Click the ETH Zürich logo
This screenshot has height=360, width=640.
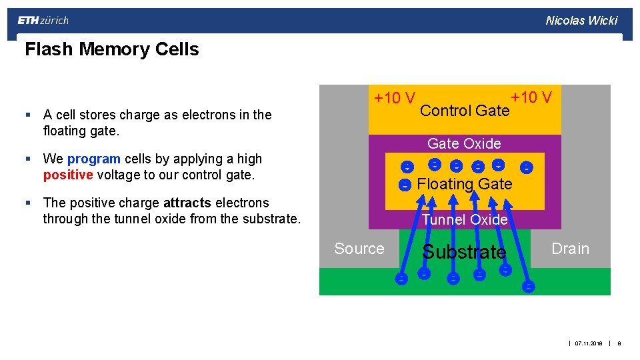click(43, 21)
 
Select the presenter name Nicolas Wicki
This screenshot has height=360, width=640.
click(581, 21)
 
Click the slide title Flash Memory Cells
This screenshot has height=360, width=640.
click(111, 49)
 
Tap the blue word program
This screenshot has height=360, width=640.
click(93, 159)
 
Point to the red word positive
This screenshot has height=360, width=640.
click(67, 175)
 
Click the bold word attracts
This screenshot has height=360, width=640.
click(187, 203)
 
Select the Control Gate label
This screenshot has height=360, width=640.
click(465, 111)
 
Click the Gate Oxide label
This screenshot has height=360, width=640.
click(464, 143)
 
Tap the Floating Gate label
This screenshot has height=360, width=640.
click(464, 184)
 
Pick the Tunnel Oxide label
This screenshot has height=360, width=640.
click(465, 219)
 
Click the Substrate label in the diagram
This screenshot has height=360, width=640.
click(464, 252)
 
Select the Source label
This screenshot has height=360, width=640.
click(359, 249)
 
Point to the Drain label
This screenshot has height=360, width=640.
click(570, 249)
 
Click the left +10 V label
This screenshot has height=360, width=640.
click(395, 99)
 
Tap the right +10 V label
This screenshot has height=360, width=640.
click(531, 97)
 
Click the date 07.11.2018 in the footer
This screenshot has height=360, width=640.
click(589, 343)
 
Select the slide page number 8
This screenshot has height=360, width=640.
click(619, 343)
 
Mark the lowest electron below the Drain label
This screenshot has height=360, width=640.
click(528, 287)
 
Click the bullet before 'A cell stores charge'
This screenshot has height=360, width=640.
click(28, 115)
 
